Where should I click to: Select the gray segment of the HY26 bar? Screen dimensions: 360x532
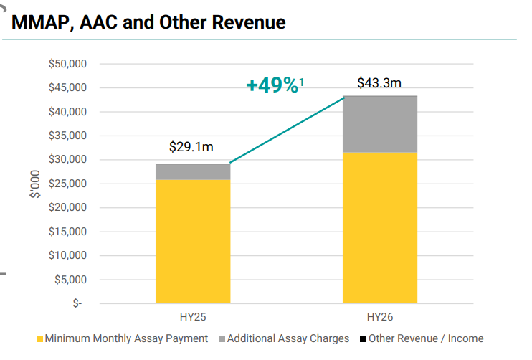pos(380,123)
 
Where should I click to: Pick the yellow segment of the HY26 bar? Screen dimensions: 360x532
pos(380,227)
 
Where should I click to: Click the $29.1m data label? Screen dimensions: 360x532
pos(191,147)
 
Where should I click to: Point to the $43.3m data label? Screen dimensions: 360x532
pos(380,82)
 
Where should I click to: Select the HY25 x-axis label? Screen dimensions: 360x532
pos(191,316)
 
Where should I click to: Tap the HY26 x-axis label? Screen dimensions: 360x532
pos(380,316)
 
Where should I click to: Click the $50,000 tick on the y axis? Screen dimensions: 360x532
pos(67,64)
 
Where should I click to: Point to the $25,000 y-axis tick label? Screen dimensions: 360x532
pos(67,184)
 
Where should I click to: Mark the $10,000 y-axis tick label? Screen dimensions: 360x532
pos(67,255)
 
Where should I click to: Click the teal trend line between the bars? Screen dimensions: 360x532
pos(287,129)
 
